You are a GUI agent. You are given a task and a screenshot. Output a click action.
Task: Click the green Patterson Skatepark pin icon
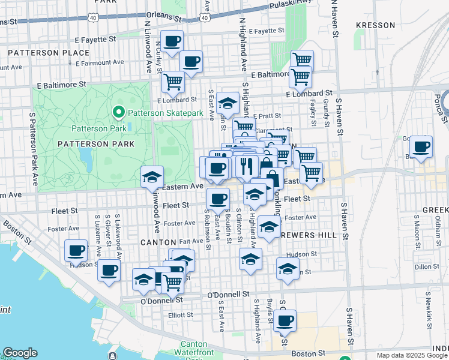coord(118,112)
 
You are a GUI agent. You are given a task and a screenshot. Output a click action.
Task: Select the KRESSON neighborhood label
coord(375,25)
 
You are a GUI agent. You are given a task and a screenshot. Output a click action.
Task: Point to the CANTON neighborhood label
coord(157,242)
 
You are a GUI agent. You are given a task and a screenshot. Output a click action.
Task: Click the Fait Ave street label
coord(192,240)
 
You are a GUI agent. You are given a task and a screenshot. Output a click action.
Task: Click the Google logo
coord(20,353)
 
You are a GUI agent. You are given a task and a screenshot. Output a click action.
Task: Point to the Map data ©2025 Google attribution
coord(411,355)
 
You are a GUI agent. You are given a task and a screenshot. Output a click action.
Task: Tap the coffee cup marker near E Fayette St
coord(172,41)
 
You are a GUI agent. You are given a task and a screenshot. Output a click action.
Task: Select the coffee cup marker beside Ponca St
coord(421,146)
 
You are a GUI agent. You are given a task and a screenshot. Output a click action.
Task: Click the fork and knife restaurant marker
coord(247,165)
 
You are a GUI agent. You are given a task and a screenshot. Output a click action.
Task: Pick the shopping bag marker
coord(272,178)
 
